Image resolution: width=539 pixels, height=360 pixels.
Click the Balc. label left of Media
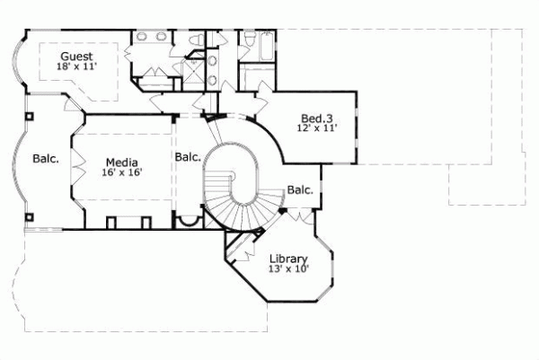pos(46,160)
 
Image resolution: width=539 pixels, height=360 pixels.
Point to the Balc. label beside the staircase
pos(188,157)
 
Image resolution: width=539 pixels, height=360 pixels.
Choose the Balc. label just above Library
pos(300,189)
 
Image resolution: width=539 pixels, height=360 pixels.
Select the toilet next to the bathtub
pos(249,40)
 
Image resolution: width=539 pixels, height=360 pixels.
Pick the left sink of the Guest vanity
pos(142,38)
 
